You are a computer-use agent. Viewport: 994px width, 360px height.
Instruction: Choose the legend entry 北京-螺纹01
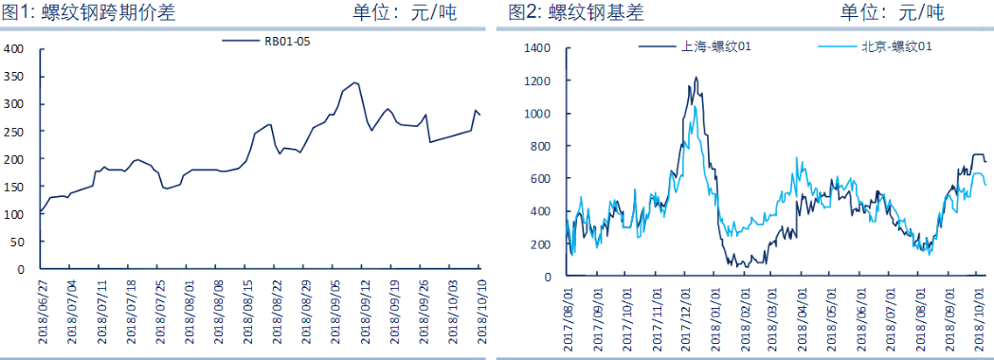877,45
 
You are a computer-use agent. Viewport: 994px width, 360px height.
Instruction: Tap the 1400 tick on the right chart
537,47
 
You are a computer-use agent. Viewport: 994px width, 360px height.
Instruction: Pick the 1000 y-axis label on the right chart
537,113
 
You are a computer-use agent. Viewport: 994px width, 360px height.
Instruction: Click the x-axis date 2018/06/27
43,308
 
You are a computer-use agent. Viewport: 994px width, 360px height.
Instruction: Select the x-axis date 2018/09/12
366,308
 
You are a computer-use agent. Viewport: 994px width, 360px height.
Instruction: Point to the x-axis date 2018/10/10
480,308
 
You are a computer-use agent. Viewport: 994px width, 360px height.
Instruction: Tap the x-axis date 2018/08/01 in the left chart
190,308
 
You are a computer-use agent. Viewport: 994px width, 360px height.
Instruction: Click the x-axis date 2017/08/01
569,314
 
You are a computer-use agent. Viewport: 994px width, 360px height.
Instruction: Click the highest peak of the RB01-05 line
354,82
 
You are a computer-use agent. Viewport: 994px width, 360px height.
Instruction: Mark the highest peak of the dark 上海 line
696,78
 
